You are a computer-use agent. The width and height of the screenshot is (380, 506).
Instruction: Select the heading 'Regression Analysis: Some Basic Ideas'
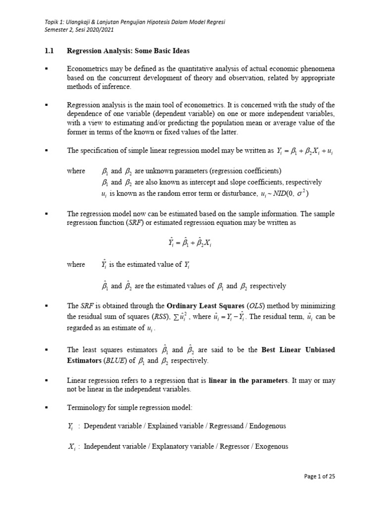click(x=128, y=51)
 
